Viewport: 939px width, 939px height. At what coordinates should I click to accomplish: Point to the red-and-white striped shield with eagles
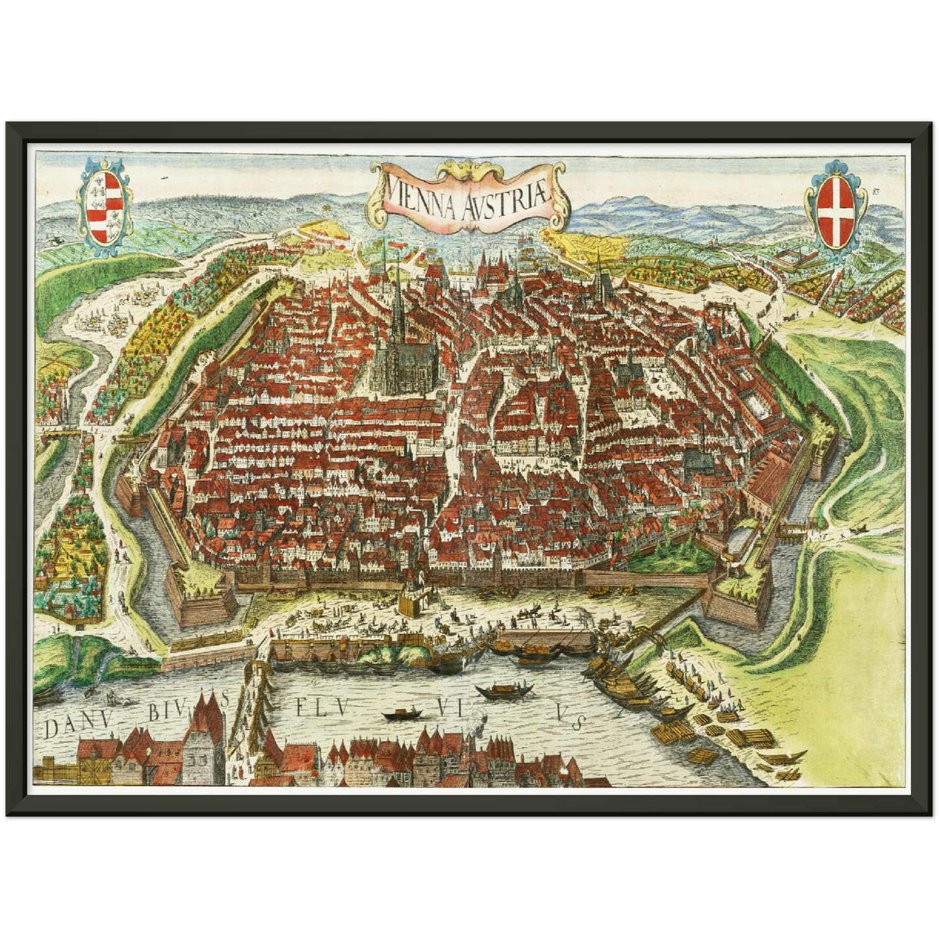coord(104,209)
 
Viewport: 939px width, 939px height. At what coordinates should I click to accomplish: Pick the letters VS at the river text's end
coord(570,717)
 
